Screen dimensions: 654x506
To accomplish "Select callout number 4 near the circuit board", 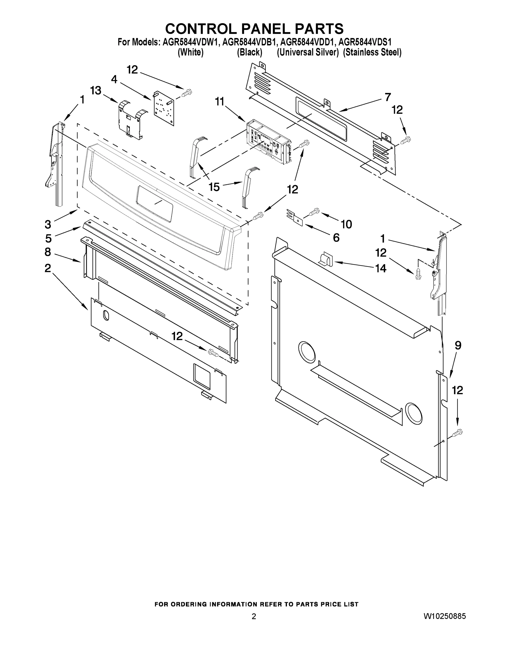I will point(114,79).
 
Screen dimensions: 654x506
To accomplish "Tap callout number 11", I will point(220,102).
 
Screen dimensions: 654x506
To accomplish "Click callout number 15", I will point(214,187).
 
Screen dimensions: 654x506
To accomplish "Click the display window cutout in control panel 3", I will point(155,203).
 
